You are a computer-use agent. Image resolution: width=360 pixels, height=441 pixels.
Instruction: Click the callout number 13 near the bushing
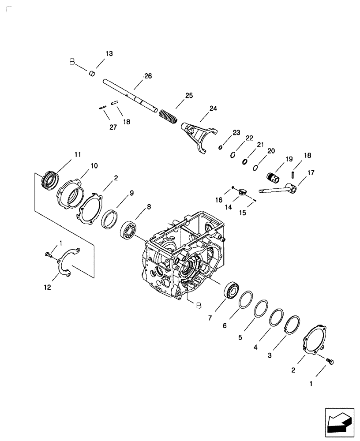[x=109, y=53]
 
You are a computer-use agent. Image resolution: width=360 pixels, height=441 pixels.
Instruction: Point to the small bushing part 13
[x=93, y=73]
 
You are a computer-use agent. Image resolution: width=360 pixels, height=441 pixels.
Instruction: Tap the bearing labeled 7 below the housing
[x=232, y=290]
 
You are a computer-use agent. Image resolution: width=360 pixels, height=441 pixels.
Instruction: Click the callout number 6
[x=225, y=325]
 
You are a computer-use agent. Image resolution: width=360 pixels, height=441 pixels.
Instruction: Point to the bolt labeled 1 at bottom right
[x=330, y=361]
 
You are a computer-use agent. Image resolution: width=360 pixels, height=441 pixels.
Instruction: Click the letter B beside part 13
[x=72, y=63]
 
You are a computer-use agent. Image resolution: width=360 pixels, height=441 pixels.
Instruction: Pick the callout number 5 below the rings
[x=240, y=338]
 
